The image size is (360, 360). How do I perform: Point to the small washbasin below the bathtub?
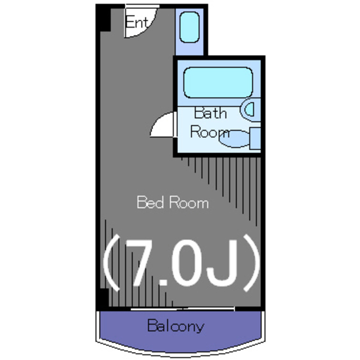pyautogui.click(x=251, y=109)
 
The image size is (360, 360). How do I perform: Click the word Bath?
pyautogui.click(x=210, y=113)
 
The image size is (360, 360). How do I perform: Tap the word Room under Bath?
pyautogui.click(x=209, y=133)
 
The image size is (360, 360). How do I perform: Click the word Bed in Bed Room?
pyautogui.click(x=150, y=202)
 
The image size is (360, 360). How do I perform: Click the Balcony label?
pyautogui.click(x=175, y=326)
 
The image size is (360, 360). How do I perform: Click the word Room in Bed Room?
pyautogui.click(x=188, y=202)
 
